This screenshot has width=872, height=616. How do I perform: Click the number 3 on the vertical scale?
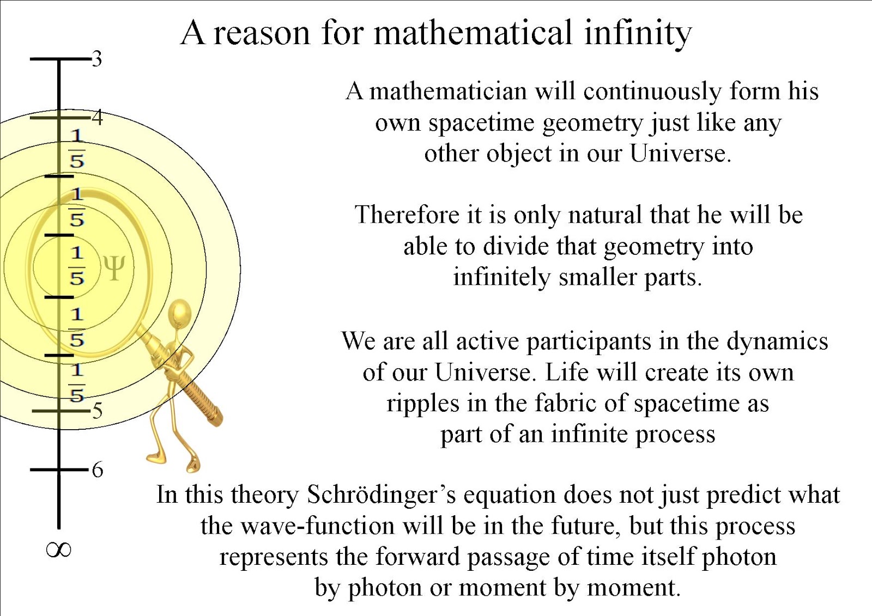[97, 58]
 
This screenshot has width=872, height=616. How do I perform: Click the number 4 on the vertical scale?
[98, 117]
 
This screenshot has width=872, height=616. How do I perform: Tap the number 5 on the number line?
[98, 410]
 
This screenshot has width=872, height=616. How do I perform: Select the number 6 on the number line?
[98, 469]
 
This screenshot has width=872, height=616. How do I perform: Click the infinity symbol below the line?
[58, 550]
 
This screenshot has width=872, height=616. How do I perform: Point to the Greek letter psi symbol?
[114, 267]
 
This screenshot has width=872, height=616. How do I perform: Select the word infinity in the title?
[638, 33]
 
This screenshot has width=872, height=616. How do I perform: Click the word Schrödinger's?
[381, 495]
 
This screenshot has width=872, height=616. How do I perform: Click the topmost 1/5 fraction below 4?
[77, 148]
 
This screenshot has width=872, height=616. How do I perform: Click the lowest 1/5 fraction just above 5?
[77, 382]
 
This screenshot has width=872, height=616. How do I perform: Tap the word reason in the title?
[262, 33]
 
